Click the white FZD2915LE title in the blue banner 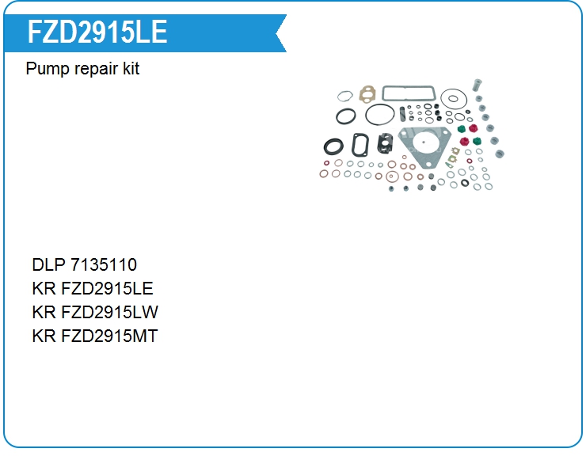click(x=97, y=32)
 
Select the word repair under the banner click(x=96, y=69)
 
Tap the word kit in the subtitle click(x=131, y=68)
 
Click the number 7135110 click(x=104, y=264)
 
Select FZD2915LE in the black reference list click(x=107, y=288)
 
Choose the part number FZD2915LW click(x=109, y=312)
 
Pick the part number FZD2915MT click(x=109, y=336)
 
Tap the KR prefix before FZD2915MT click(x=44, y=336)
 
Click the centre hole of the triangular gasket click(x=423, y=142)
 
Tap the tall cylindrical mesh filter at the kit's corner click(x=477, y=85)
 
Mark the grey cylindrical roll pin click(x=402, y=114)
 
